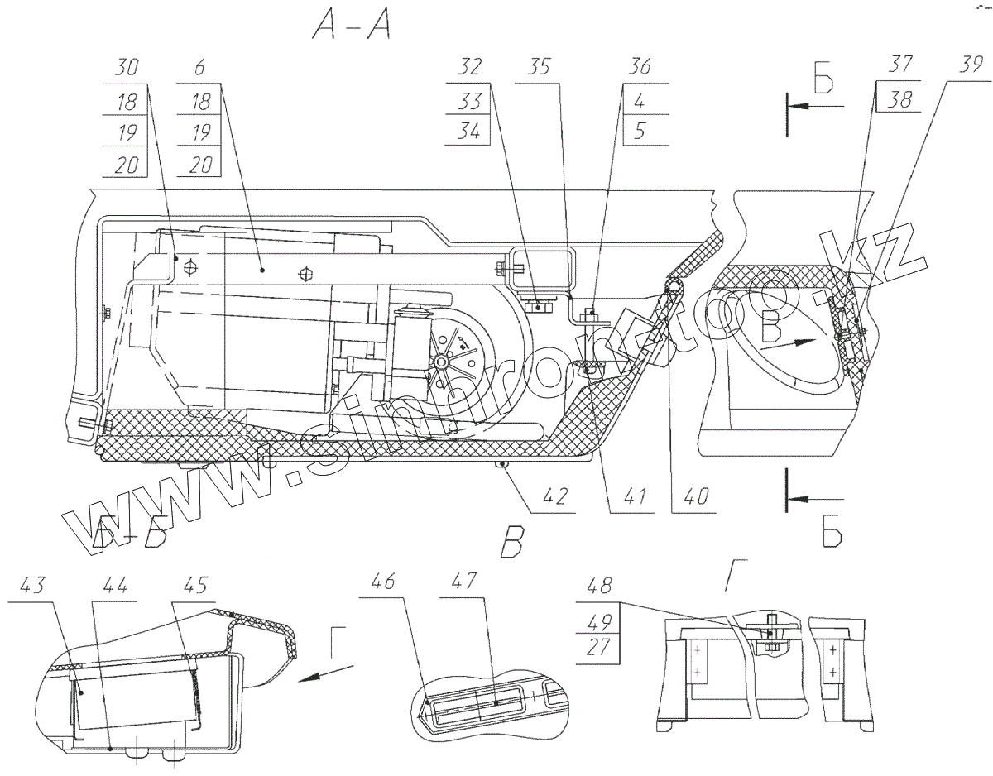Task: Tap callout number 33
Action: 467,100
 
